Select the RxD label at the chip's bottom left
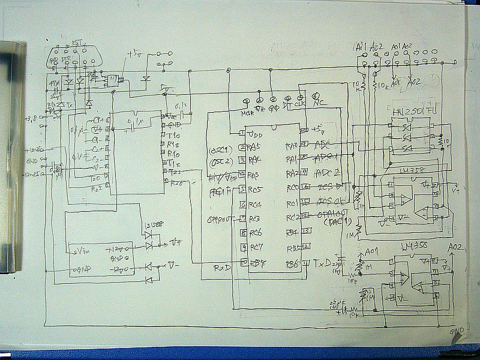click(x=223, y=268)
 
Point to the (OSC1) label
click(x=218, y=148)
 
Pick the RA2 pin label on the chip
click(x=292, y=174)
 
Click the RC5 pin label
click(x=255, y=189)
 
